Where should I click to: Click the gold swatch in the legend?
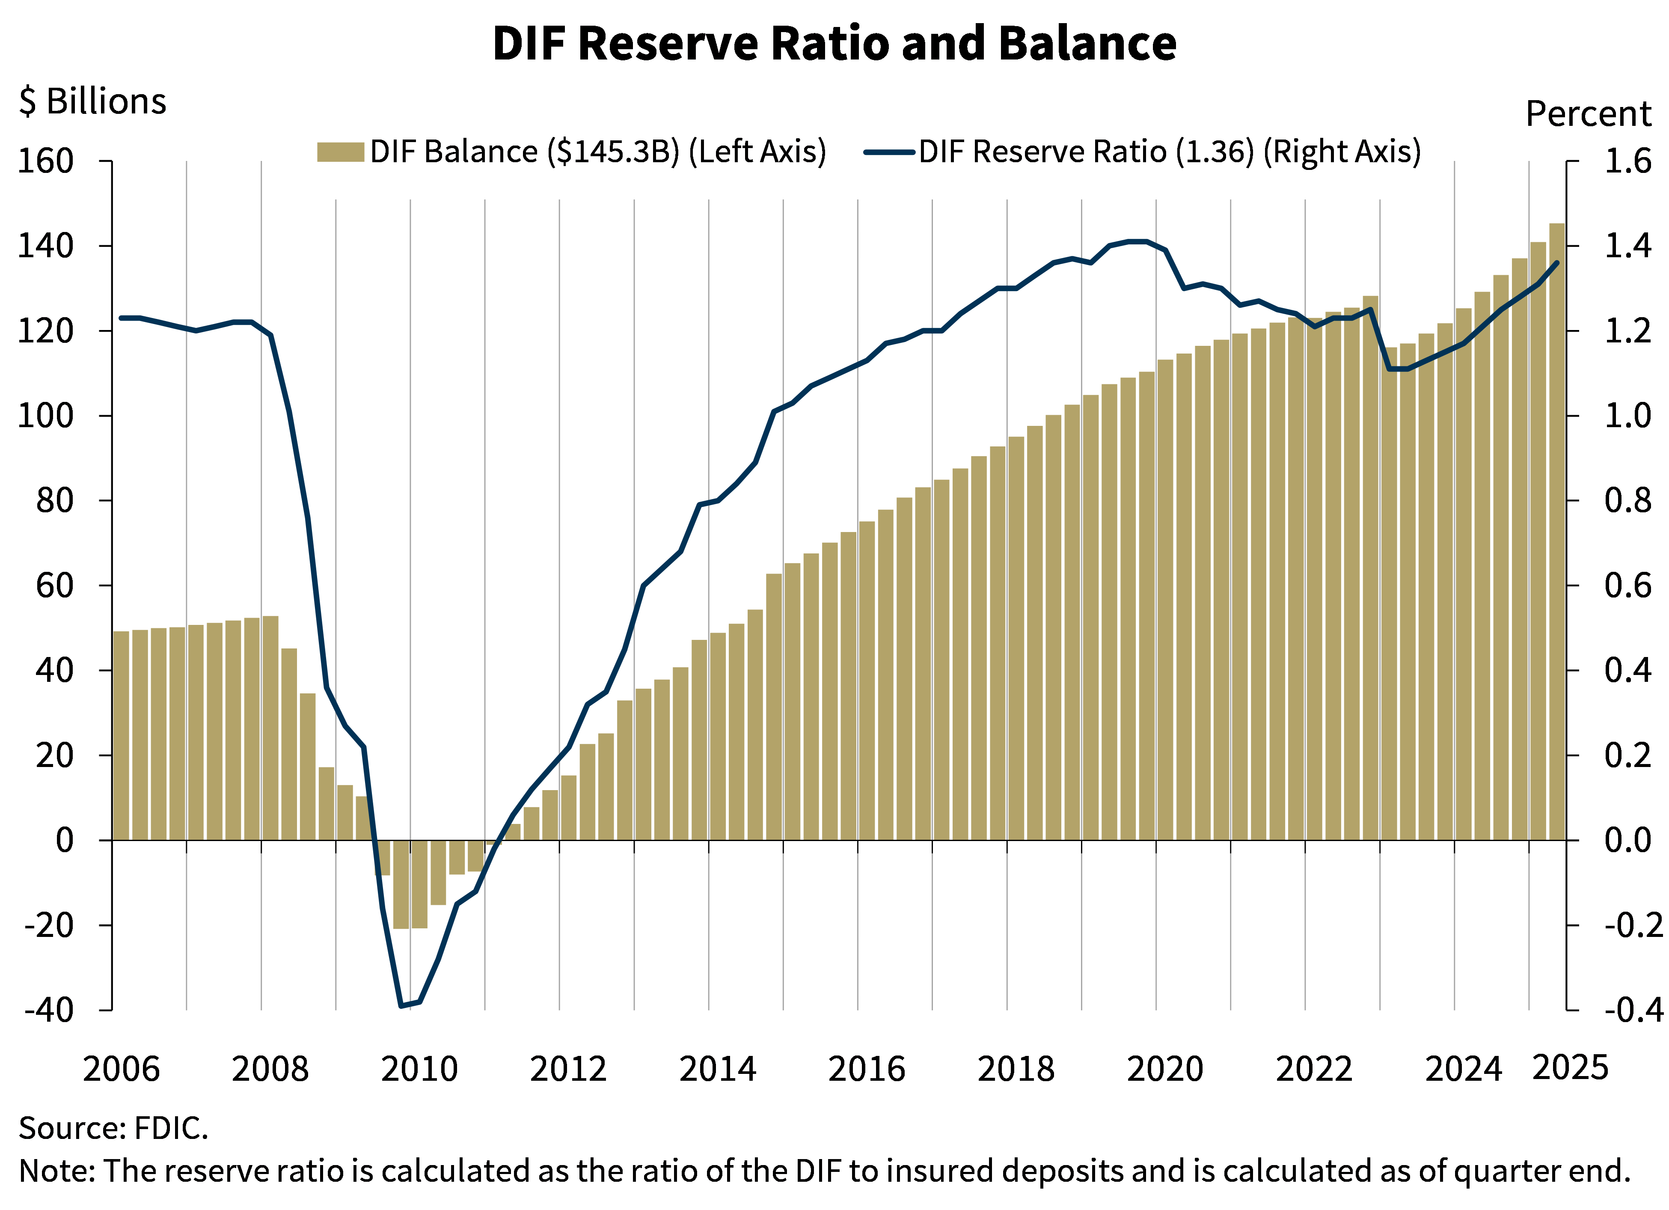(x=340, y=152)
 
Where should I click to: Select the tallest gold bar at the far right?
(x=1556, y=530)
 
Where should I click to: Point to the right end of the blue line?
(x=1556, y=263)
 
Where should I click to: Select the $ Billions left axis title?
(x=92, y=99)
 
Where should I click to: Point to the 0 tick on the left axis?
(x=65, y=839)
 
